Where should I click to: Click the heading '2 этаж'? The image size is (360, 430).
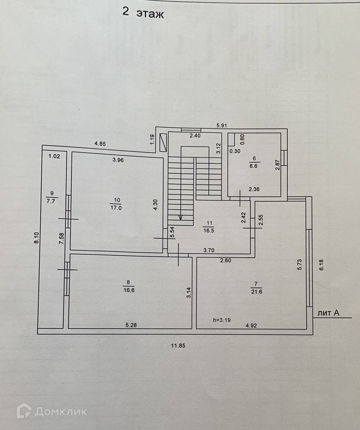pyautogui.click(x=143, y=13)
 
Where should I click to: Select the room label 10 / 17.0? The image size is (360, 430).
pyautogui.click(x=117, y=203)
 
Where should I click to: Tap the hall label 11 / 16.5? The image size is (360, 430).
pyautogui.click(x=210, y=227)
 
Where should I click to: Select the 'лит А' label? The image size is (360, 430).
pyautogui.click(x=328, y=313)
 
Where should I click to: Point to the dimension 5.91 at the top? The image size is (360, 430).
pyautogui.click(x=221, y=126)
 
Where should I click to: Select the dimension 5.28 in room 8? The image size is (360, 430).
pyautogui.click(x=131, y=326)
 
